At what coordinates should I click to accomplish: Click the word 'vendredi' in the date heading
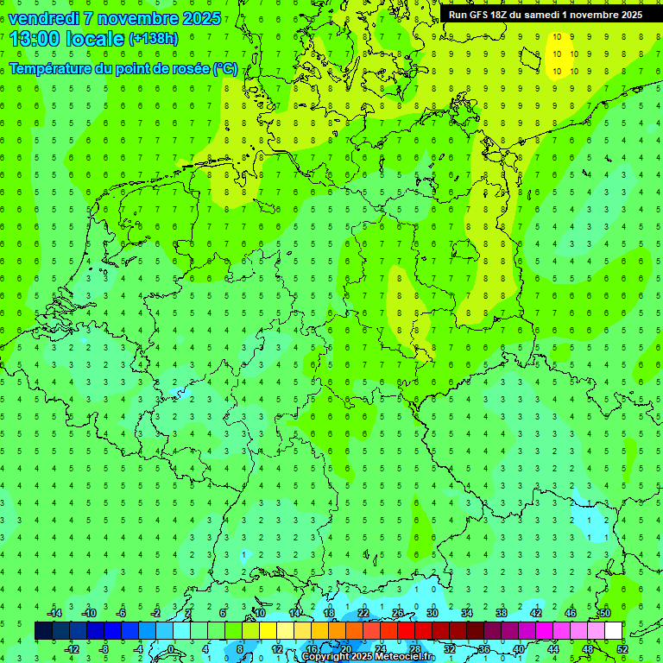pos(43,18)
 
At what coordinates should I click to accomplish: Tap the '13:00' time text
pos(34,39)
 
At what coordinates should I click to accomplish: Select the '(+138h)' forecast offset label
pos(153,39)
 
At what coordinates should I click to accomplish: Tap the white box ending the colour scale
pos(613,631)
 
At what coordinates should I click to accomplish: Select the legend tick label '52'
pos(622,649)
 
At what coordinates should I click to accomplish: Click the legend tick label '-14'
pos(55,613)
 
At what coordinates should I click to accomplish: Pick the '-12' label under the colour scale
pos(72,649)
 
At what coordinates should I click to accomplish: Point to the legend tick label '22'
pos(363,613)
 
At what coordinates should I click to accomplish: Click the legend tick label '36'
pos(483,649)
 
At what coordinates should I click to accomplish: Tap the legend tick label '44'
pos(552,649)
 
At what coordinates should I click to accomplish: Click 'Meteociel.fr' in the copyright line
pos(406,657)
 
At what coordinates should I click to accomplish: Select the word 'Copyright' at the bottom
pos(325,657)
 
